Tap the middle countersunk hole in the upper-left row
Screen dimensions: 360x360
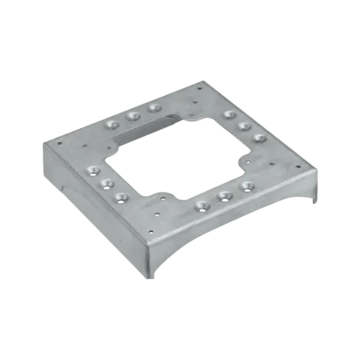(x=132, y=114)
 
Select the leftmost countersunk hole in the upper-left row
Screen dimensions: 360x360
(x=111, y=125)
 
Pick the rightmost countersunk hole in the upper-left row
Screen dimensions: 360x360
(x=154, y=107)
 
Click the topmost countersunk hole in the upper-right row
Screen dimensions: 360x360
(x=228, y=114)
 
